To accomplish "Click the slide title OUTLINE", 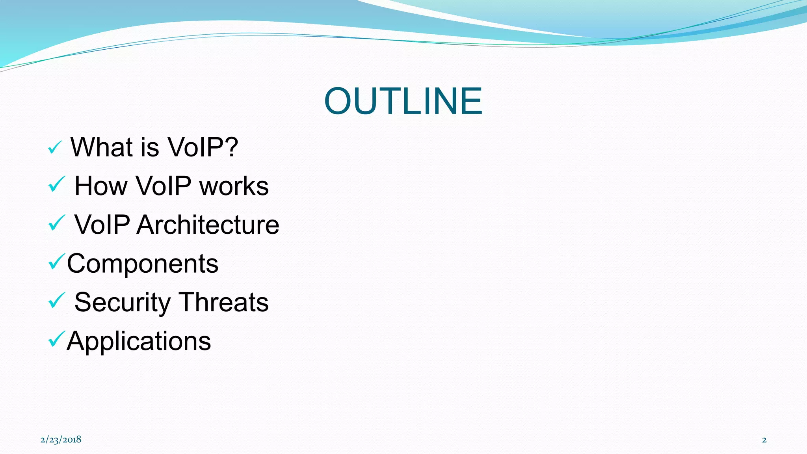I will coord(403,101).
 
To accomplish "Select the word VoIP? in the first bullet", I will coord(203,147).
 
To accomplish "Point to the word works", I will coord(234,186).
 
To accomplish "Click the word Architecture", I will coord(208,225).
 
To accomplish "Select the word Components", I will coord(143,263).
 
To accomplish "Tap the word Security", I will coord(123,303).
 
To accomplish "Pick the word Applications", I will coord(139,341).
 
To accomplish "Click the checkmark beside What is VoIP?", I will coord(55,148).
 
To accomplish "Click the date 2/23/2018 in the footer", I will coord(61,439).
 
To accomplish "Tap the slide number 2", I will coord(764,440).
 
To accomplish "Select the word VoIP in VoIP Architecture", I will coord(102,225).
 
